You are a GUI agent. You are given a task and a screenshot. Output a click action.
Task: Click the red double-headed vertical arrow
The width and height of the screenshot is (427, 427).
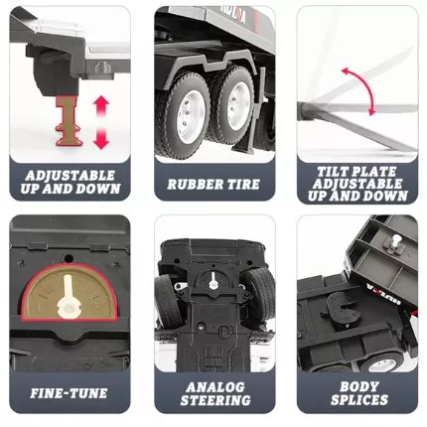coord(101,122)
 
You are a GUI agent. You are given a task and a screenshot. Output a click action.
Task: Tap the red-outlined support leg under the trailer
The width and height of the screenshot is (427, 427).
coord(70,121)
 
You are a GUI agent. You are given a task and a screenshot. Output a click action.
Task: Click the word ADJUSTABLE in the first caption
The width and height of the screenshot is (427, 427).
coord(71,175)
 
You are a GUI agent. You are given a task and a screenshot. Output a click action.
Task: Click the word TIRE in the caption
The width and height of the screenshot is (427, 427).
coord(241,185)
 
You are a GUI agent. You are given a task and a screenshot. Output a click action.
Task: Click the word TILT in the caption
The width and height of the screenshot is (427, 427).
coord(332,172)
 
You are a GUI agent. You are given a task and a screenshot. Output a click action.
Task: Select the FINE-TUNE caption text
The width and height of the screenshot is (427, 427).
coord(69,393)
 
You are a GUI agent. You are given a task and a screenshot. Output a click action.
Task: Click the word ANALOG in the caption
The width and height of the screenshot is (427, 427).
coord(215,387)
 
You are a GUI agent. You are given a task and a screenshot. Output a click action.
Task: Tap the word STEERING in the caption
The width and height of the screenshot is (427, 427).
coord(215,400)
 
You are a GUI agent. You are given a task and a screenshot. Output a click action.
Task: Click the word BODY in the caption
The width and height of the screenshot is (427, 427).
coord(359,386)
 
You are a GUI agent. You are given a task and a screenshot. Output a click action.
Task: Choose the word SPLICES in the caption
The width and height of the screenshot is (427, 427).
coord(359,400)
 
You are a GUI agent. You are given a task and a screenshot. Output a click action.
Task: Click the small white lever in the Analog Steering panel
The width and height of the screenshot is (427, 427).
coord(213,280)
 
